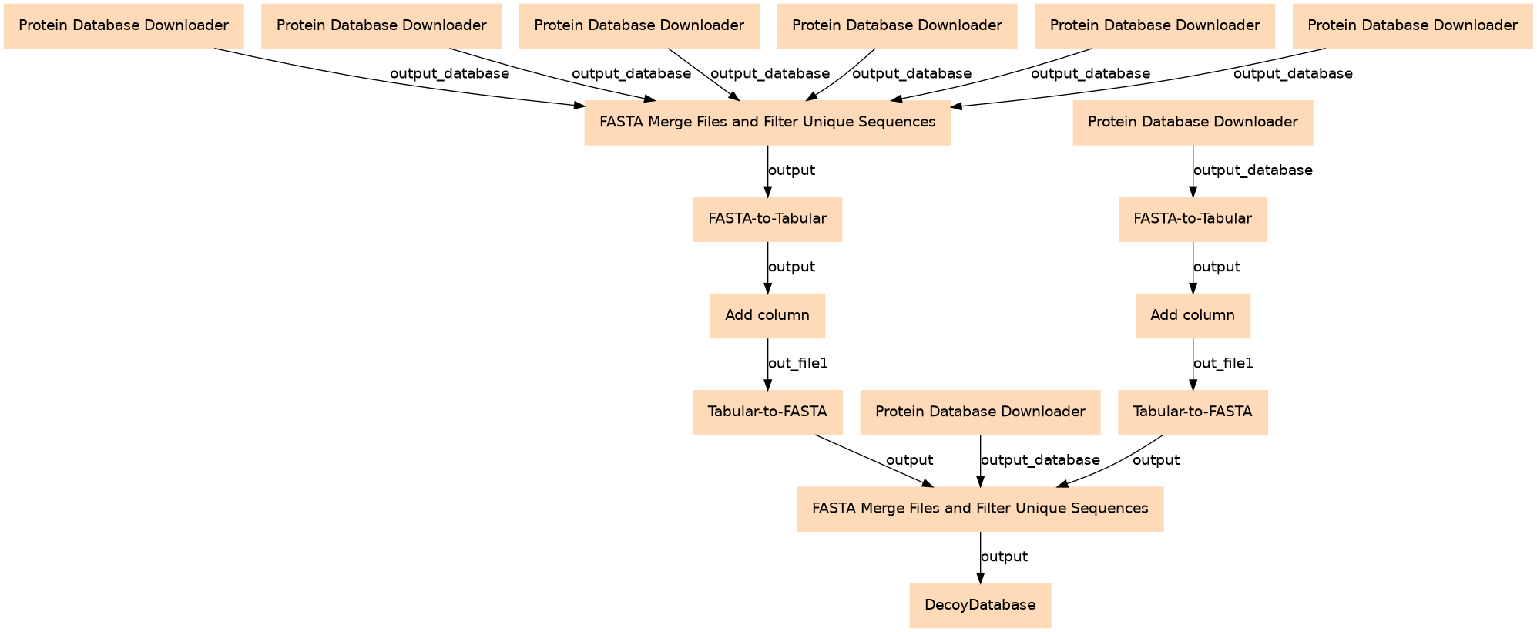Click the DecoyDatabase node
coord(980,605)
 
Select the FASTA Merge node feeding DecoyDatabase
coord(980,509)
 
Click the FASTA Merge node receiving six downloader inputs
coord(767,122)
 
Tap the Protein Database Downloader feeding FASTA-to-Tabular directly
coord(1193,122)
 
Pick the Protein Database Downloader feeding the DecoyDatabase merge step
coord(980,412)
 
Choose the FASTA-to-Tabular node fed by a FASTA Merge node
coord(767,219)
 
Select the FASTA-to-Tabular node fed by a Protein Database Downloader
coord(1193,219)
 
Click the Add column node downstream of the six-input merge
coord(767,315)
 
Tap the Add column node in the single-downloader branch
coord(1193,315)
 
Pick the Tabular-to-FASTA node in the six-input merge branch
coord(767,412)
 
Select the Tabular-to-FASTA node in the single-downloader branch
coord(1193,412)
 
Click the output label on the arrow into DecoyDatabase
coord(1004,556)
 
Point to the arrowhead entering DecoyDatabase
coord(980,579)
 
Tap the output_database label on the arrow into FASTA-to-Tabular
coord(1253,170)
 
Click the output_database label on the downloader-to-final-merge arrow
coord(1040,460)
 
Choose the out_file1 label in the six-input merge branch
coord(797,363)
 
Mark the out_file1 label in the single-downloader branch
coord(1223,363)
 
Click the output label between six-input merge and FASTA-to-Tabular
coord(791,170)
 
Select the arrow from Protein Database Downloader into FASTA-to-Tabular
coord(1193,171)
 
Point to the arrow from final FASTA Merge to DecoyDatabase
coord(980,557)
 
